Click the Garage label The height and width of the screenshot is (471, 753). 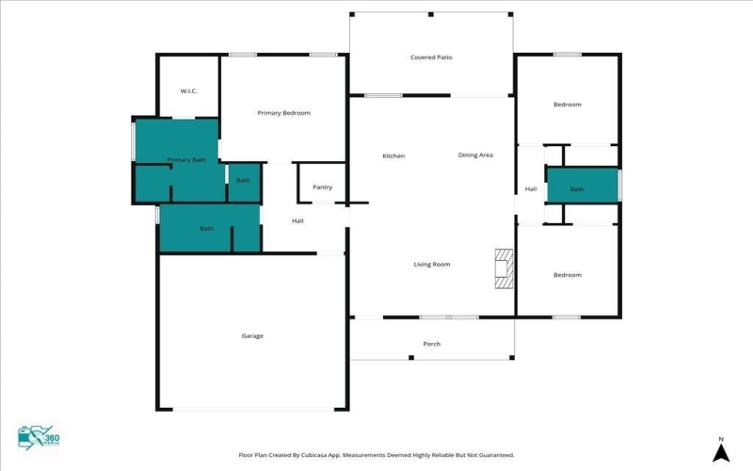point(252,336)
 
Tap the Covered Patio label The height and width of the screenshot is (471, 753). point(431,57)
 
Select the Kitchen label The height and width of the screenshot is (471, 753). point(393,155)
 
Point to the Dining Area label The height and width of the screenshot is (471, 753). point(475,154)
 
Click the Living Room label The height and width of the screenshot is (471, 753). point(432,265)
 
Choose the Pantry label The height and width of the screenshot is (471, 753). point(322,187)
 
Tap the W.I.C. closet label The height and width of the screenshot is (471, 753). point(188,90)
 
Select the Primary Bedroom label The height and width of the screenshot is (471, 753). point(283,113)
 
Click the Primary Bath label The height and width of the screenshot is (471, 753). point(186,160)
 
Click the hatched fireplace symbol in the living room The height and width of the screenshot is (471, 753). point(505,268)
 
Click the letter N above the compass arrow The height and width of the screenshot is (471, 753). point(720,439)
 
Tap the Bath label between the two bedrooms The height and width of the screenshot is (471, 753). point(576,189)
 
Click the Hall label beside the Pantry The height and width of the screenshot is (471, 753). point(297,221)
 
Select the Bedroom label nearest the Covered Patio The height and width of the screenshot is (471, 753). point(567,105)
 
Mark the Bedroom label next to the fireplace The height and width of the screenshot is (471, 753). point(567,275)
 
